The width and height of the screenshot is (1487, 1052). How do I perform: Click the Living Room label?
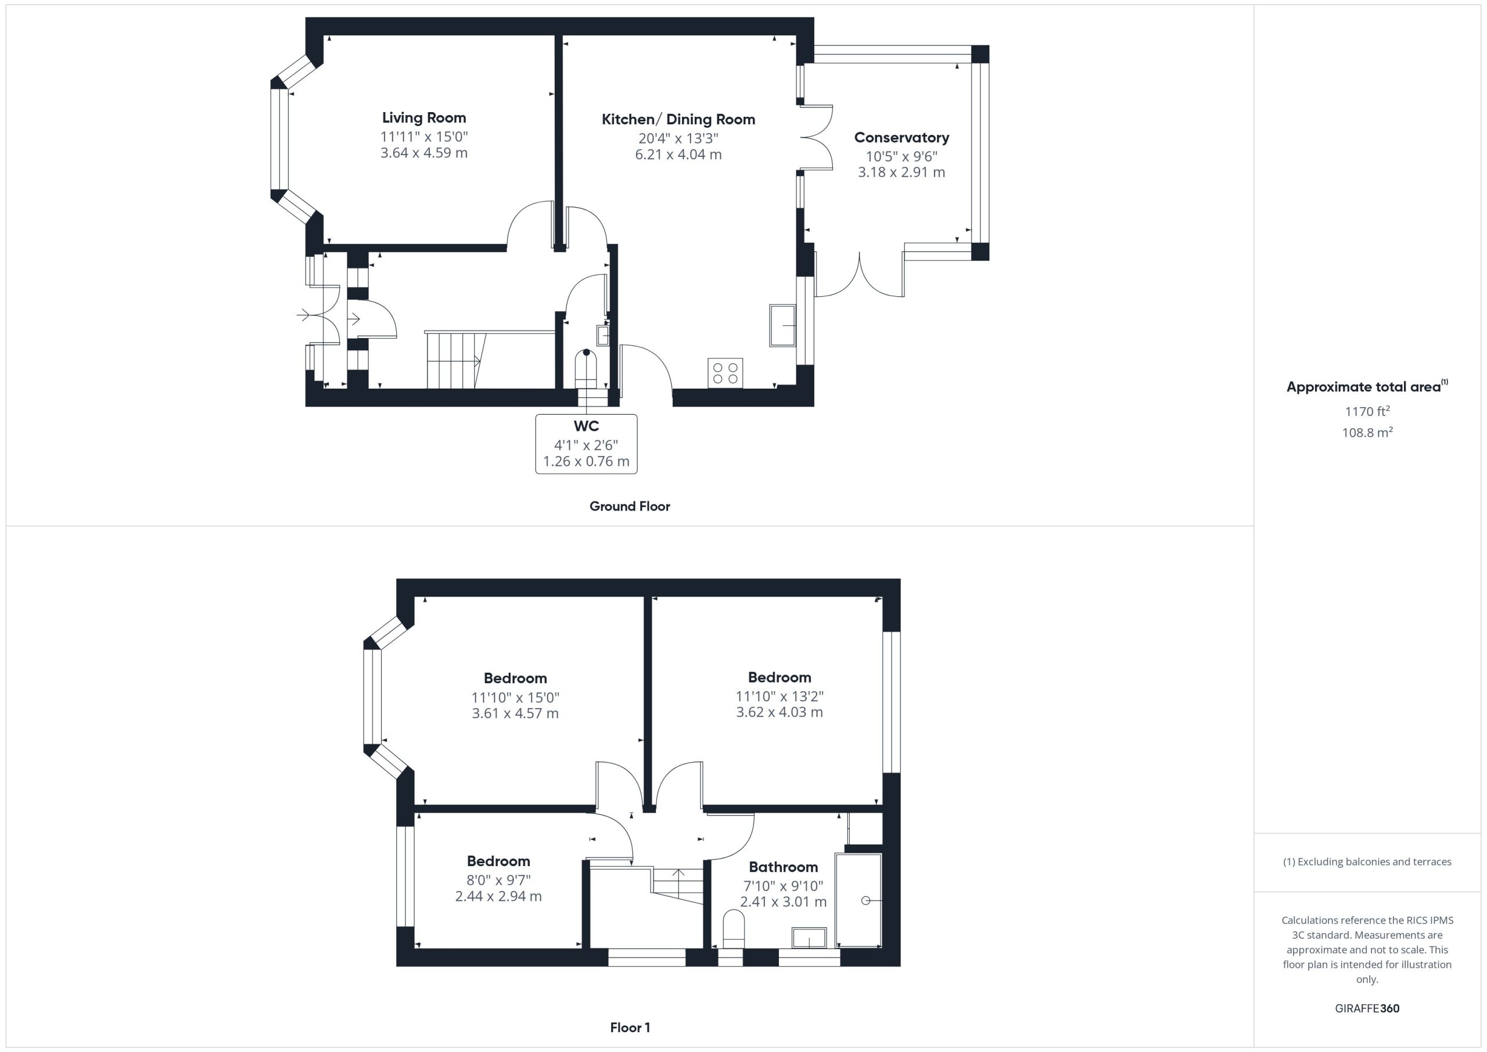coord(423,118)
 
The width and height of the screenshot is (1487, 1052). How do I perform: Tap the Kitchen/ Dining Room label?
coord(678,119)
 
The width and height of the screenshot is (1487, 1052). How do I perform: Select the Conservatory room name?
coord(901,137)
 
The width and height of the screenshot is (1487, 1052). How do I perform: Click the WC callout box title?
coord(586,426)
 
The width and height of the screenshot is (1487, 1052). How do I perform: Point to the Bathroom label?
coord(783,867)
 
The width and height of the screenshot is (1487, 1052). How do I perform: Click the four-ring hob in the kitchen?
coord(725,372)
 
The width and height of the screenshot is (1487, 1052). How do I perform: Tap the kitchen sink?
coord(782,325)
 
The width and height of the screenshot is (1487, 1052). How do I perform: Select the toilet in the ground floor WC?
coord(586,369)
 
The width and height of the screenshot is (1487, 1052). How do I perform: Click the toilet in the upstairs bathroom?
coord(734,929)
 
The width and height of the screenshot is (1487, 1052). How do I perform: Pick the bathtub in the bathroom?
coord(859,900)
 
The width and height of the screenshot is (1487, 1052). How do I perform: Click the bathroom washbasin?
coord(809,938)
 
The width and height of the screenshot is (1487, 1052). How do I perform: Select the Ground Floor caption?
coord(630,507)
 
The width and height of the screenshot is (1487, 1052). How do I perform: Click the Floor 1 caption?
coord(630,1028)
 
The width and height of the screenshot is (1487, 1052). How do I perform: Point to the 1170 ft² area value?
coord(1367,411)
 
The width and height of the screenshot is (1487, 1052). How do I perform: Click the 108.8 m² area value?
coord(1367,432)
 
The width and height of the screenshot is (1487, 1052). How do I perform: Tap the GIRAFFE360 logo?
coord(1367,1008)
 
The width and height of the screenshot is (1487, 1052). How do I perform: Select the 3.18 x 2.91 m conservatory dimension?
coord(901,173)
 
